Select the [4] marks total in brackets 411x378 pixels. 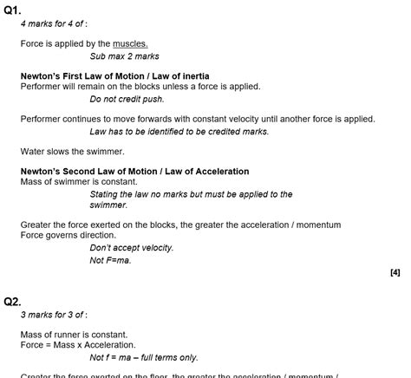[395, 272]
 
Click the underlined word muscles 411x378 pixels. [130, 43]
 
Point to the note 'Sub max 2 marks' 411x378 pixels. [124, 56]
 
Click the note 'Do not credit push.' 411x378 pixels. [128, 100]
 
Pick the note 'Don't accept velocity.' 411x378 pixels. [131, 248]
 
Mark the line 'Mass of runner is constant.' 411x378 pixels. [74, 335]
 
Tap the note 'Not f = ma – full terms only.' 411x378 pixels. [143, 357]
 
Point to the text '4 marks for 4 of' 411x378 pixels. [54, 23]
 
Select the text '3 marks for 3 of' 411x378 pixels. [54, 315]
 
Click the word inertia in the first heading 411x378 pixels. [192, 76]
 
